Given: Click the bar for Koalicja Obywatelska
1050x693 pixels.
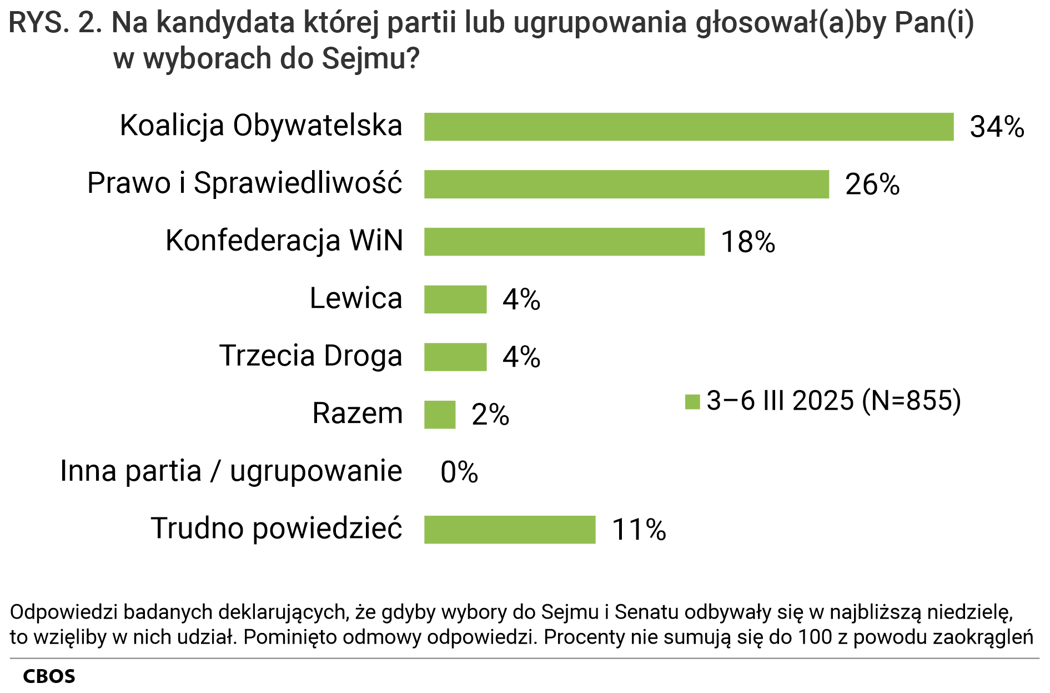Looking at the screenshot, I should pyautogui.click(x=689, y=127).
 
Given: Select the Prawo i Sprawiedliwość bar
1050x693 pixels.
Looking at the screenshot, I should pyautogui.click(x=626, y=184).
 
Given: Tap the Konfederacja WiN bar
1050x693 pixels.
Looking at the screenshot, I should pyautogui.click(x=564, y=242).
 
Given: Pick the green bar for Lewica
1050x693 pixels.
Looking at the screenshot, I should pyautogui.click(x=455, y=300).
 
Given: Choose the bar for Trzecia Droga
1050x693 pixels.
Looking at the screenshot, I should pyautogui.click(x=455, y=357).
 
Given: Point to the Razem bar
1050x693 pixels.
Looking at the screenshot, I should pyautogui.click(x=440, y=415).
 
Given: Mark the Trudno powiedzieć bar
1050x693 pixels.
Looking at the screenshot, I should pyautogui.click(x=510, y=530).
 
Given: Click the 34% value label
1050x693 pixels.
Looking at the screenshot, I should pyautogui.click(x=997, y=127).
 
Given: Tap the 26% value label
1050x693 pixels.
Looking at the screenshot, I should pyautogui.click(x=872, y=185).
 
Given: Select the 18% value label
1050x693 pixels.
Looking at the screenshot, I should pyautogui.click(x=748, y=242).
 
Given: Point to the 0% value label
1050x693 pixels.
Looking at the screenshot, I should pyautogui.click(x=459, y=472).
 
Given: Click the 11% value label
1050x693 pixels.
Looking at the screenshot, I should pyautogui.click(x=639, y=530).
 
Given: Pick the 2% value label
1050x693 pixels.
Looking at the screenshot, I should pyautogui.click(x=490, y=415).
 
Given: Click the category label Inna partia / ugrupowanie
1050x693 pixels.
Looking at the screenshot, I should pyautogui.click(x=231, y=471).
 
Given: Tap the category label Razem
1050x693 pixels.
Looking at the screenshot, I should pyautogui.click(x=357, y=413).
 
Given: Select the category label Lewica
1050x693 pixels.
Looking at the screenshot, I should pyautogui.click(x=355, y=298).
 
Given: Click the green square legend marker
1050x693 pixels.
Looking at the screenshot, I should pyautogui.click(x=692, y=402).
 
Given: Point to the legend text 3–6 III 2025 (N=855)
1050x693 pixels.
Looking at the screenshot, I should pyautogui.click(x=833, y=401).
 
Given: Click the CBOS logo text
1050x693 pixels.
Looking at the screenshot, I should pyautogui.click(x=49, y=676).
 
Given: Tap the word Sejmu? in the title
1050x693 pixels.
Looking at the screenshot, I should pyautogui.click(x=370, y=58).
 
